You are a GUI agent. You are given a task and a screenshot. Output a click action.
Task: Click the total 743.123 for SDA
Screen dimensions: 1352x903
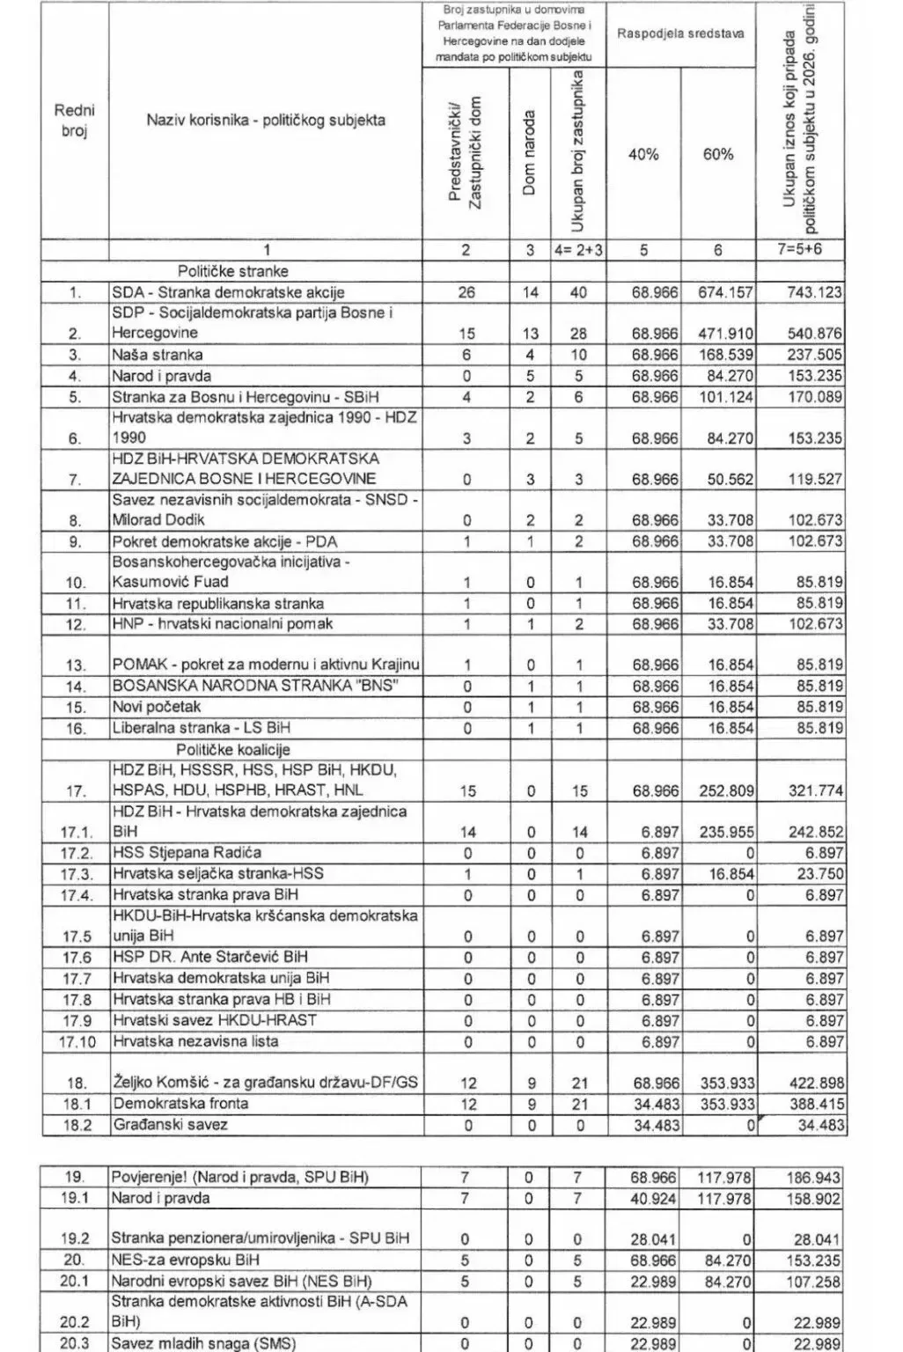pyautogui.click(x=813, y=292)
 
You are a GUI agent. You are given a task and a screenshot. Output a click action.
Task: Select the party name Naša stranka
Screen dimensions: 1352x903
pyautogui.click(x=157, y=355)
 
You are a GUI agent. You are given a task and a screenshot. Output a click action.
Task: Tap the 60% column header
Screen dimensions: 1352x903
pyautogui.click(x=717, y=154)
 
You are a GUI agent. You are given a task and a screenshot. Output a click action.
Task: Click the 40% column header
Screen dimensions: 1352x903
pyautogui.click(x=643, y=154)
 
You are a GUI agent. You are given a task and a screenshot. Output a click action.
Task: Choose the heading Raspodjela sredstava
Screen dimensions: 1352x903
pyautogui.click(x=680, y=33)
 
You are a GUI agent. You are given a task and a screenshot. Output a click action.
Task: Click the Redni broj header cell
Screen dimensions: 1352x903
pyautogui.click(x=75, y=121)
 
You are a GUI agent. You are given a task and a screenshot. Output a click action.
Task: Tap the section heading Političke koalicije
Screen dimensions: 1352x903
pyautogui.click(x=232, y=749)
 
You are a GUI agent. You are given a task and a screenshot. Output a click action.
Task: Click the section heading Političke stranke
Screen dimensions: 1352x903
pyautogui.click(x=232, y=271)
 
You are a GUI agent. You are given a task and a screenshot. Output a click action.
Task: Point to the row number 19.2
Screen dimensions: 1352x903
pyautogui.click(x=75, y=1238)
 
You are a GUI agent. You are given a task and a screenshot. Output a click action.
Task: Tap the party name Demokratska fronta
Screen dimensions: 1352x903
pyautogui.click(x=180, y=1104)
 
